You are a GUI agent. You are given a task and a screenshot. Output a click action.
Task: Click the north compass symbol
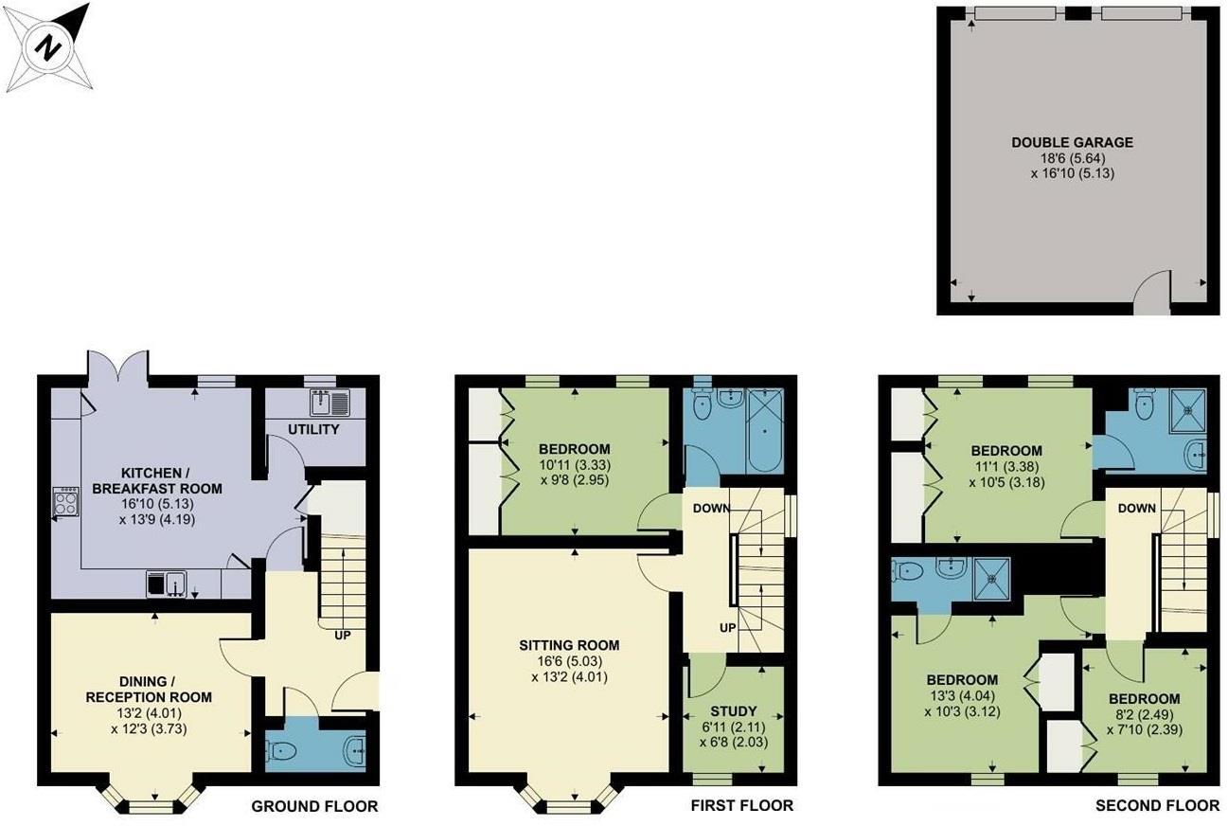point(47,47)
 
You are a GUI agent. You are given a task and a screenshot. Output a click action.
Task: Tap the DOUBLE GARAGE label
point(1072,143)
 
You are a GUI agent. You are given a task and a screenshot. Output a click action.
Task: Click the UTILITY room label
point(313,430)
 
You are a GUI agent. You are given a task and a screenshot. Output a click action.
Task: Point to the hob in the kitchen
point(65,501)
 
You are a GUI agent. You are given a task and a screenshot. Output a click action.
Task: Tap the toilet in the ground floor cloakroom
point(282,750)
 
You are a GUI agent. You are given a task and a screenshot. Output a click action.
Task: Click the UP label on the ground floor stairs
point(342,636)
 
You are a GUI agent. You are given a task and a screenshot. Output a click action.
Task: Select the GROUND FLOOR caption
point(313,807)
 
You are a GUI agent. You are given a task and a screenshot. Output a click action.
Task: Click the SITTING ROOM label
point(569,646)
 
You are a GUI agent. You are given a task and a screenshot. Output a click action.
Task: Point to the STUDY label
point(734,711)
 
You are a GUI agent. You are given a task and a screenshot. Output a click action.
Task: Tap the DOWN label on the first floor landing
point(710,508)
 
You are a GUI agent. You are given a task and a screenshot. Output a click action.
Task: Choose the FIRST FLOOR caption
point(741,806)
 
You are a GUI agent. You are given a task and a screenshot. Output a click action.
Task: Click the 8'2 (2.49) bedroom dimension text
point(1145,715)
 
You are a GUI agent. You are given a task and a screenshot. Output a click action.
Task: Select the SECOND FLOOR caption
point(1157,806)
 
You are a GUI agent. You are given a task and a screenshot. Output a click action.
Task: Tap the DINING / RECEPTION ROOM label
point(149,689)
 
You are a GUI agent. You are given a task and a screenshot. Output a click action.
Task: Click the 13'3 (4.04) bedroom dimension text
point(961,696)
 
